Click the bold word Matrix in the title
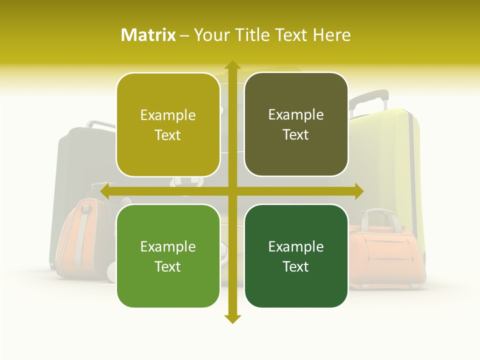pos(148,35)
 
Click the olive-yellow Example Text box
pos(168,125)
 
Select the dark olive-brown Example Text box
pos(296,124)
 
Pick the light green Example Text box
pos(168,256)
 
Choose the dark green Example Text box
pos(296,256)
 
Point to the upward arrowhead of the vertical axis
pos(232,65)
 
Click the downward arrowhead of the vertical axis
pos(232,318)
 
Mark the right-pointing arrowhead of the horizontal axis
pos(358,191)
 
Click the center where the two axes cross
pos(232,191)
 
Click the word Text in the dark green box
pos(296,266)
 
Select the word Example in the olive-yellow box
pos(168,115)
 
